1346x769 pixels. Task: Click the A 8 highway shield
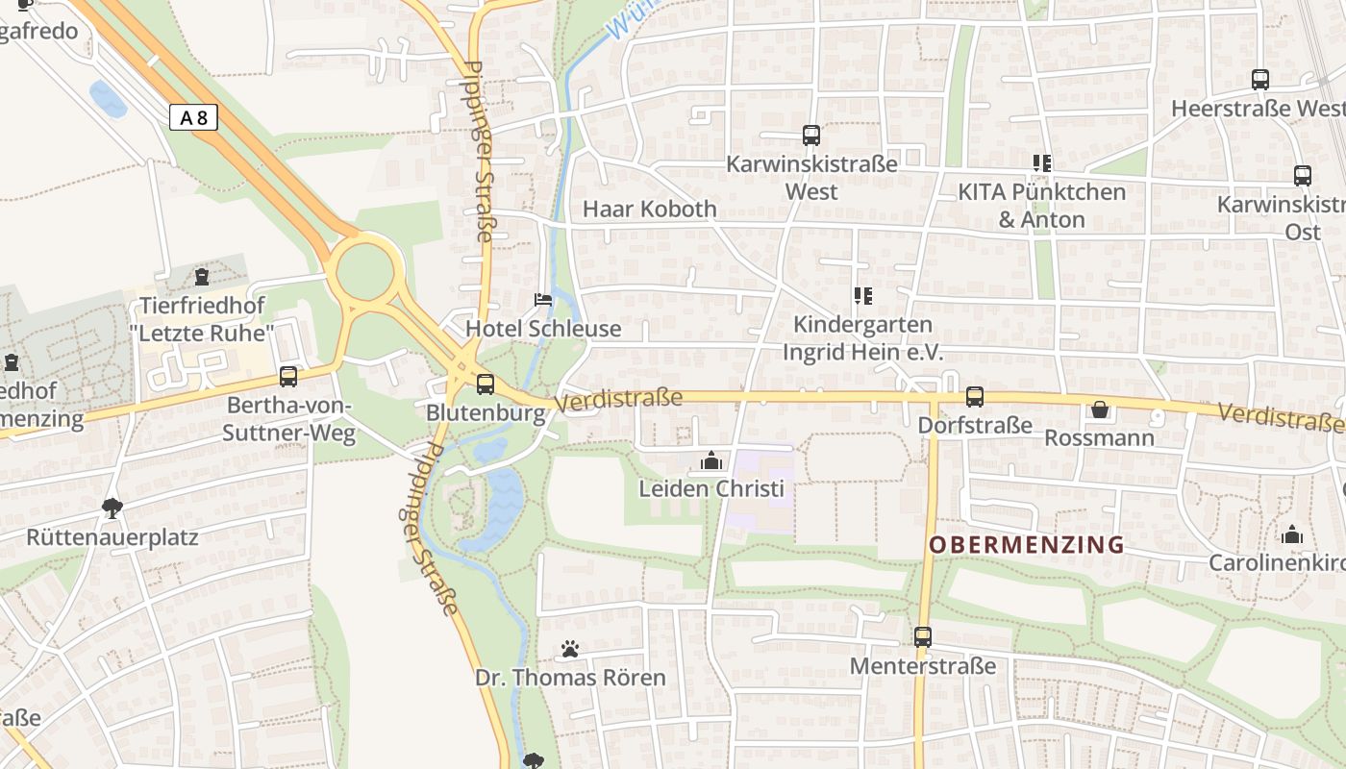(193, 118)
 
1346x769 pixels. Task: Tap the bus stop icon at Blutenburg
(486, 384)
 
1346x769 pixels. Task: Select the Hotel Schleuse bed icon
(543, 300)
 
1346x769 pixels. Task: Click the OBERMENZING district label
(1027, 545)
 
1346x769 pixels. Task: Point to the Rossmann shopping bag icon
(1100, 410)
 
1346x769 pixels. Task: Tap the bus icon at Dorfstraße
(975, 396)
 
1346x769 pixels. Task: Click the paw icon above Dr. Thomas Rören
(570, 650)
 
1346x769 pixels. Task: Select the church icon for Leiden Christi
(711, 461)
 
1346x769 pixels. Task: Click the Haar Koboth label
(650, 209)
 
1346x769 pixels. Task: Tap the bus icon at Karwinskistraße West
(811, 136)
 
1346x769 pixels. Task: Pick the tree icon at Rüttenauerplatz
(112, 508)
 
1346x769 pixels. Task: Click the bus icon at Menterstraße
(923, 636)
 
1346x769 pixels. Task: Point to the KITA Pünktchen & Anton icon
(1042, 163)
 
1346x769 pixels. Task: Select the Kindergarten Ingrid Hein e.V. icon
(863, 296)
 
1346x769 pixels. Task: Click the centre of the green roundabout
(365, 271)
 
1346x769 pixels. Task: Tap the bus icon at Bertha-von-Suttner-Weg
(288, 377)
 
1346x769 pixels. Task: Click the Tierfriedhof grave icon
(202, 278)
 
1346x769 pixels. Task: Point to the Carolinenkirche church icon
(1292, 534)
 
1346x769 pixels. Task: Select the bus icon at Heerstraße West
(1260, 80)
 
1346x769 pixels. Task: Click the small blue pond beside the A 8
(108, 99)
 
